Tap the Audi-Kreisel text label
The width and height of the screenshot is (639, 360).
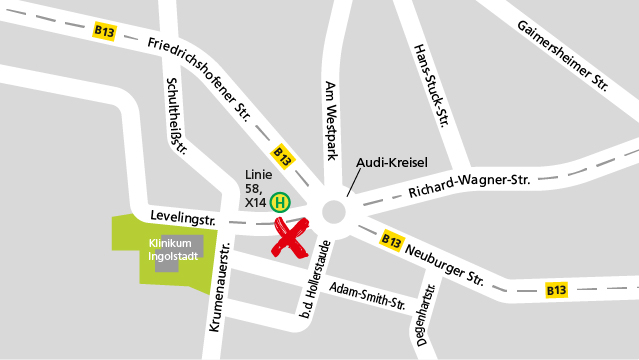(392, 161)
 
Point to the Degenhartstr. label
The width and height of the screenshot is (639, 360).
(424, 319)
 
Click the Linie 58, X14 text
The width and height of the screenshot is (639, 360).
(257, 188)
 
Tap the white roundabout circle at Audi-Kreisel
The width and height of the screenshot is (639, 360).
(333, 212)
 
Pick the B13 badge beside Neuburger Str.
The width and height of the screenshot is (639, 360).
(391, 241)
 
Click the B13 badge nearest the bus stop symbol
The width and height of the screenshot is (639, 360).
(283, 157)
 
